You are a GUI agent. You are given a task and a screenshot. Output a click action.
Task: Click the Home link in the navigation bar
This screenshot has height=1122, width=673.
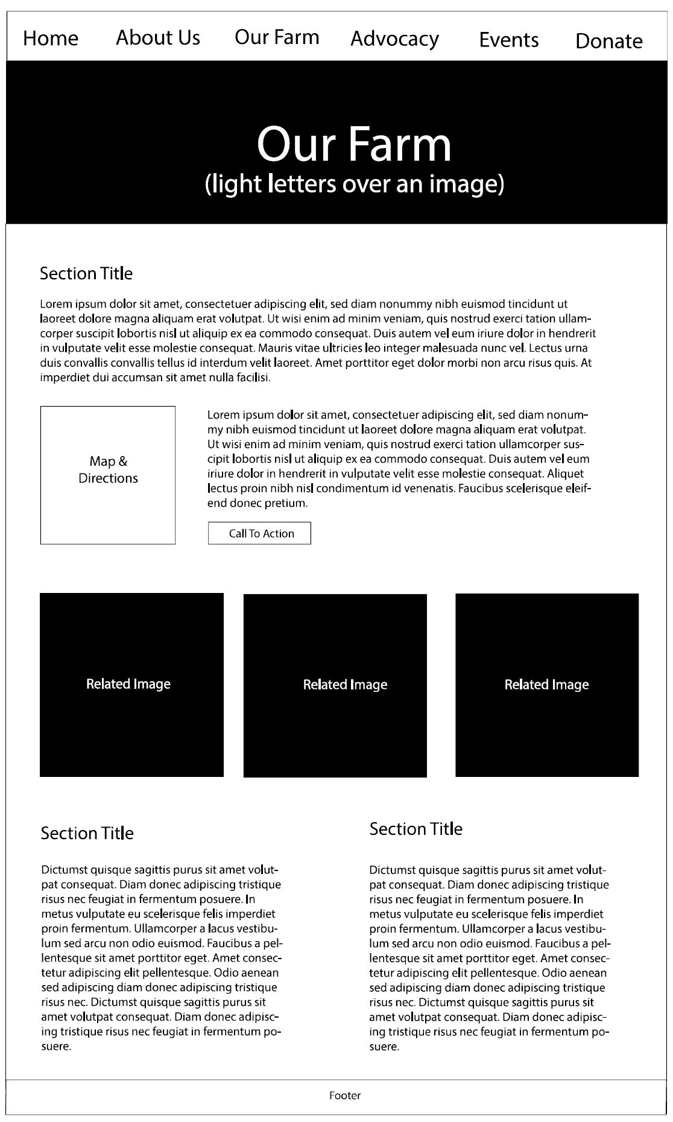pyautogui.click(x=51, y=39)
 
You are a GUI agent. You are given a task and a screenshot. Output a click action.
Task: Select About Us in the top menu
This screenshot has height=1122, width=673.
pyautogui.click(x=158, y=37)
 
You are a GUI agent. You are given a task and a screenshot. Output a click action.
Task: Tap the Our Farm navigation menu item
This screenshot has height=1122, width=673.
pyautogui.click(x=277, y=37)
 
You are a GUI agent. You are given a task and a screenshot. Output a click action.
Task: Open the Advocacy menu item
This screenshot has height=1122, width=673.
pyautogui.click(x=394, y=39)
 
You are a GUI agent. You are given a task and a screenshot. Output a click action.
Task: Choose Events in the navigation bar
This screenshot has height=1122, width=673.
pyautogui.click(x=509, y=40)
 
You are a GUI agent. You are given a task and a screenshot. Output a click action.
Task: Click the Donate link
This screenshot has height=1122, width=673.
pyautogui.click(x=608, y=41)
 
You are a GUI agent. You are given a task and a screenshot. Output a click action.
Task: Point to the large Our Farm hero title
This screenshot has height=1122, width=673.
pyautogui.click(x=354, y=144)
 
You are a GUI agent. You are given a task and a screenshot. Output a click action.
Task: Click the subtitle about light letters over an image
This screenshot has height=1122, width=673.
pyautogui.click(x=354, y=183)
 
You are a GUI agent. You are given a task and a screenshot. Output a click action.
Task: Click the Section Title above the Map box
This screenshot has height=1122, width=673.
pyautogui.click(x=86, y=274)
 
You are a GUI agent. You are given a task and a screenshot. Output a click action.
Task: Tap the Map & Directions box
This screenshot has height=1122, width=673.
pyautogui.click(x=108, y=475)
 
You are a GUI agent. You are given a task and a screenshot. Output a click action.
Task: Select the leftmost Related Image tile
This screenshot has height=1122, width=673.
pyautogui.click(x=131, y=685)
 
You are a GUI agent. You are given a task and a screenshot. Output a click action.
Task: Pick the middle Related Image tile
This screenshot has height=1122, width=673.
pyautogui.click(x=335, y=685)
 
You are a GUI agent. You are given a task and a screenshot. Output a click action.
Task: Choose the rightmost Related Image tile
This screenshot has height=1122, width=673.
pyautogui.click(x=547, y=685)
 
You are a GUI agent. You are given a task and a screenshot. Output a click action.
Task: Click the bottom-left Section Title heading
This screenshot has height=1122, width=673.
pyautogui.click(x=87, y=834)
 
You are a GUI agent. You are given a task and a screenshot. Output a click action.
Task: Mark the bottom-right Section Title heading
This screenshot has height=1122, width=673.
pyautogui.click(x=415, y=829)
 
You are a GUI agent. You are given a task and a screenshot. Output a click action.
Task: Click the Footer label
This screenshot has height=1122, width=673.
pyautogui.click(x=345, y=1095)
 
